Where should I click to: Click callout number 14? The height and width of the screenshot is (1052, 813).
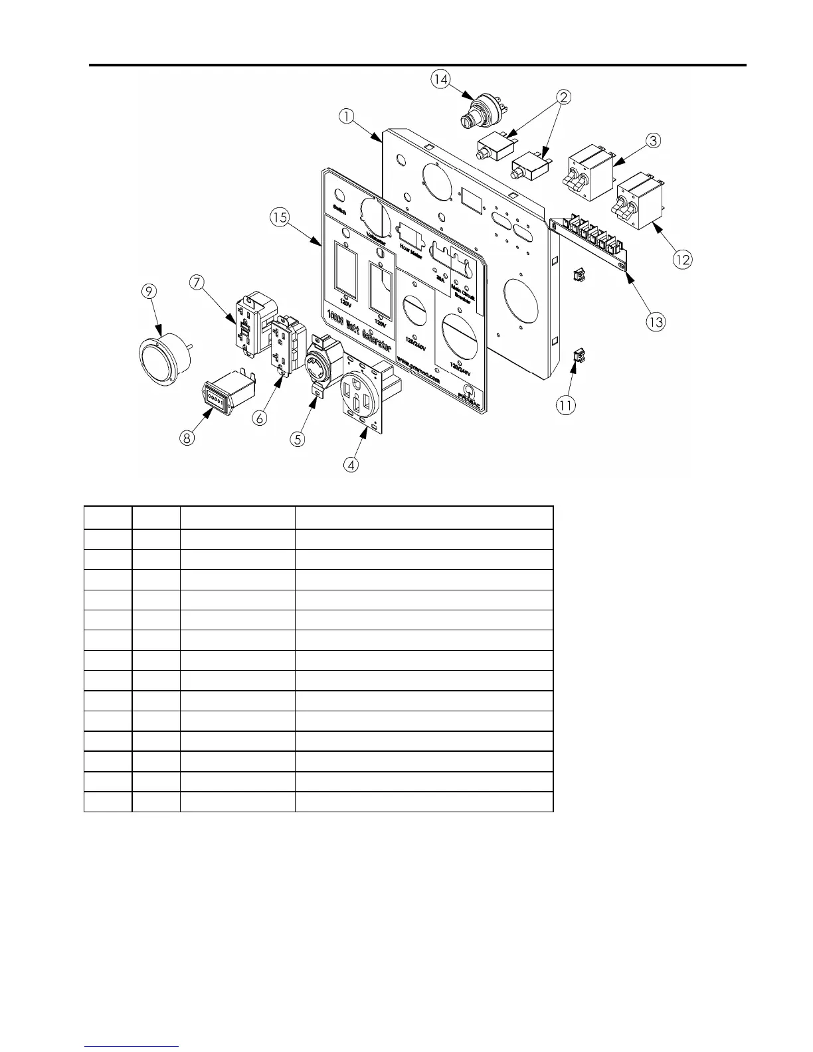[x=440, y=80]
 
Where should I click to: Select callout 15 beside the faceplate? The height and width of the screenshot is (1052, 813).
[x=280, y=217]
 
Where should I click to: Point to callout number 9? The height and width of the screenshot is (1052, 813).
[x=149, y=291]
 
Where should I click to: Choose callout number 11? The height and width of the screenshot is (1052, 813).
[x=566, y=404]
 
